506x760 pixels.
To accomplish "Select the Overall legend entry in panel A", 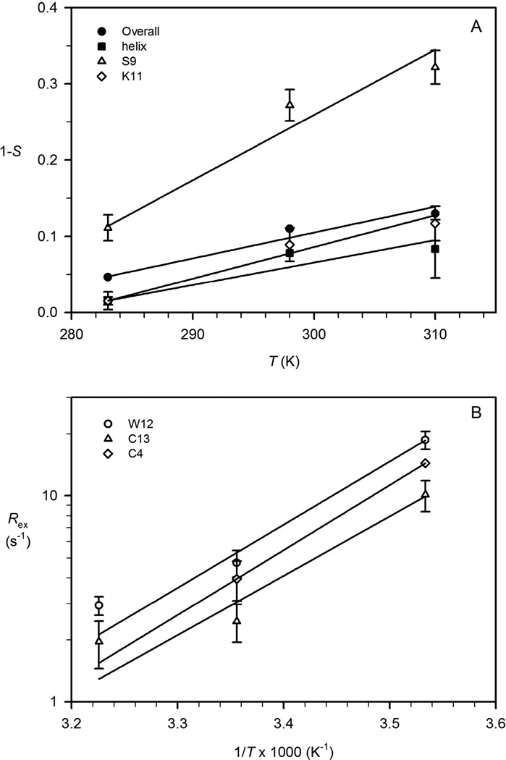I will tap(130, 32).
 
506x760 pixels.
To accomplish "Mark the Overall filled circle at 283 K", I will tap(108, 277).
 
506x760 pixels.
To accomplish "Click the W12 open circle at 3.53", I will tap(426, 440).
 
